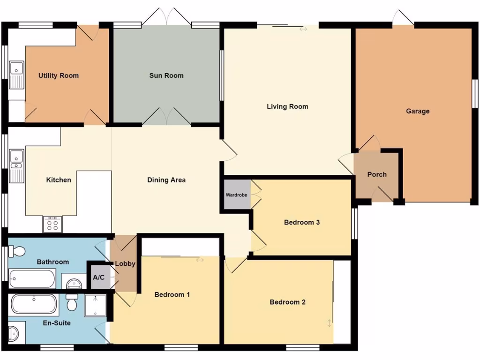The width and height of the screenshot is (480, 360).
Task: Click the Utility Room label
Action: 59,75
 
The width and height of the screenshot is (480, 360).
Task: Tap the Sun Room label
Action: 166,75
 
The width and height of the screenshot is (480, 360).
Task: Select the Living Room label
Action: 287,106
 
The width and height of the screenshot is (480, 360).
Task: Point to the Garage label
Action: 418,111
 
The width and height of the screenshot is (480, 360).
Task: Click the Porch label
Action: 377,174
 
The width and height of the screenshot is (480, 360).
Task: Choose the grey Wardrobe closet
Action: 237,194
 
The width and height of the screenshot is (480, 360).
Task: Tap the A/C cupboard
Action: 99,277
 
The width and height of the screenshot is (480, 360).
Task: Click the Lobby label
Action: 125,264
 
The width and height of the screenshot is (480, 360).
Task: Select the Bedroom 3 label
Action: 302,222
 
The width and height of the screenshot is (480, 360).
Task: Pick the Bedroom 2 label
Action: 287,302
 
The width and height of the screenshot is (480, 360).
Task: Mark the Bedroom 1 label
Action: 172,295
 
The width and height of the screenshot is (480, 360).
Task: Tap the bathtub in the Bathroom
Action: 32,278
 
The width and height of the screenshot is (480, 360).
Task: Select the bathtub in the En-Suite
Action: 34,304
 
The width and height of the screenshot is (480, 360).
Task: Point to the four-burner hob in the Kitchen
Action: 52,225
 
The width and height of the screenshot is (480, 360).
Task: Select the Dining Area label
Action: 166,180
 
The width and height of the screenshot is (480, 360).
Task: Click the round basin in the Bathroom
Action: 74,283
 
